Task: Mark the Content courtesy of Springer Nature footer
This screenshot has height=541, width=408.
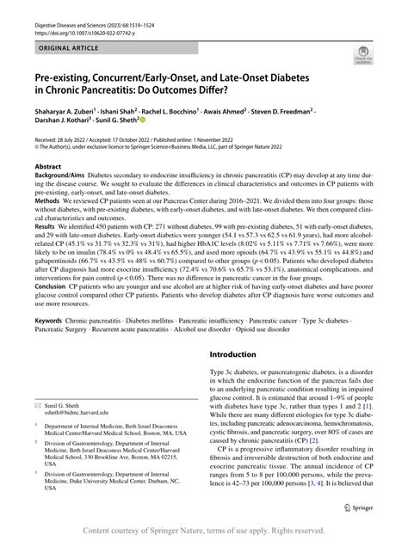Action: coord(204,531)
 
